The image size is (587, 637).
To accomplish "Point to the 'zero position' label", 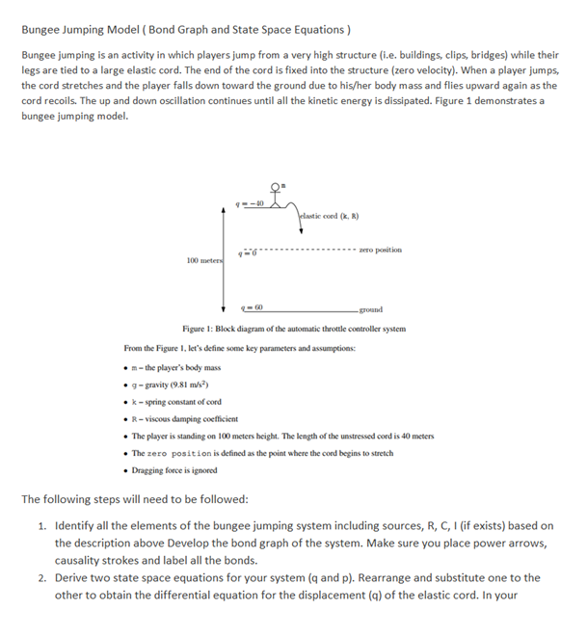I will pyautogui.click(x=380, y=250).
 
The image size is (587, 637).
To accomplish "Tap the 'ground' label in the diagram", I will pyautogui.click(x=370, y=310).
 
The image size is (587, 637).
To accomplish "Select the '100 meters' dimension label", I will pyautogui.click(x=203, y=260).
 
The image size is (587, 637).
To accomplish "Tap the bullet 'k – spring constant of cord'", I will pyautogui.click(x=177, y=401).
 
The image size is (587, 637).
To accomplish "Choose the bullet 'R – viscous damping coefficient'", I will pyautogui.click(x=184, y=419).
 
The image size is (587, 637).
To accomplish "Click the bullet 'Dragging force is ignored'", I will pyautogui.click(x=174, y=470).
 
